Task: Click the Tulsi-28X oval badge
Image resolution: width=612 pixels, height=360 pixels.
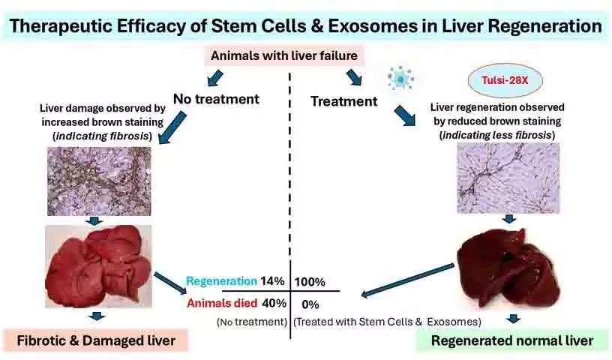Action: [x=505, y=80]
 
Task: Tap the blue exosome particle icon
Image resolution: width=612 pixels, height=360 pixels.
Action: [x=400, y=78]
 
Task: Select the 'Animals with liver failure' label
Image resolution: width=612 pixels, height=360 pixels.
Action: [x=284, y=55]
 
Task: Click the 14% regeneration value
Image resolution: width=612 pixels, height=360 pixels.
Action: [x=272, y=281]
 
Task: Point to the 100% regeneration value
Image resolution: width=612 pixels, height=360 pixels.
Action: [x=310, y=282]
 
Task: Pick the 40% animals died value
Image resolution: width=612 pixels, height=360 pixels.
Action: [x=274, y=303]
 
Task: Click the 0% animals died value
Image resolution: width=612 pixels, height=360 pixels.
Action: [x=310, y=304]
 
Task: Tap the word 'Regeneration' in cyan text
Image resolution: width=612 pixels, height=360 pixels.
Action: [x=221, y=281]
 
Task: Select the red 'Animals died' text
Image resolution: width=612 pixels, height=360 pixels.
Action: [x=222, y=303]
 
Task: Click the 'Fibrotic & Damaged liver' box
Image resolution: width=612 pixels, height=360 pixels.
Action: [x=96, y=340]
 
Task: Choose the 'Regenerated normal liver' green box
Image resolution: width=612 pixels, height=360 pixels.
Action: [x=512, y=340]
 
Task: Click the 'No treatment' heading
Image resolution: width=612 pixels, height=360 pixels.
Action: [x=216, y=99]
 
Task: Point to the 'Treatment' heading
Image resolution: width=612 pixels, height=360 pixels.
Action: [x=343, y=101]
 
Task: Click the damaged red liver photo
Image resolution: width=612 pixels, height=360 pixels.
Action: [x=98, y=266]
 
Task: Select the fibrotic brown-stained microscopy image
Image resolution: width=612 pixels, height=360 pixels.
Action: [x=99, y=181]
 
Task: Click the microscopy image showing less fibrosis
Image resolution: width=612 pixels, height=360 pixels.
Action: [x=508, y=178]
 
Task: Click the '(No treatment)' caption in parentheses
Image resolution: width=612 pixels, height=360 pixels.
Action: [x=252, y=322]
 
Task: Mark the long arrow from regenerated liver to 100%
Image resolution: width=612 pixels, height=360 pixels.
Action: [x=407, y=280]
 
